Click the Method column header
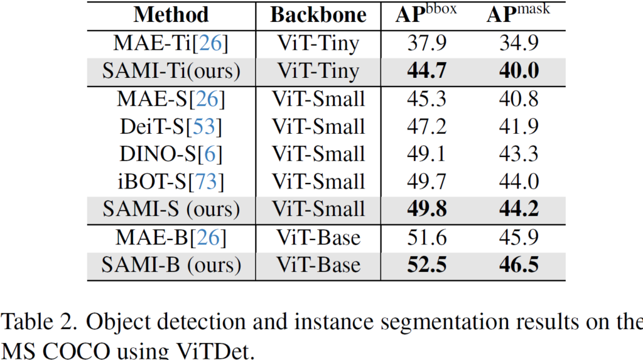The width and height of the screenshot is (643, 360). coord(171,14)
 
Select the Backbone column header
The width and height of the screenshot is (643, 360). coord(318,14)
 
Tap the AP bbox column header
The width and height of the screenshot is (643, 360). coord(426,14)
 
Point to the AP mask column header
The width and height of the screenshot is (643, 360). coord(518,14)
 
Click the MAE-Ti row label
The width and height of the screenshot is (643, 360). coord(171,43)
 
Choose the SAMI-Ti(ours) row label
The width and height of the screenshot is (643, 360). coord(171,70)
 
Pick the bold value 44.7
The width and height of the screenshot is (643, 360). coord(426,70)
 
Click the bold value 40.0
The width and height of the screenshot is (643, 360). coord(519,70)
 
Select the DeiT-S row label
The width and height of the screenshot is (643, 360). coord(171,126)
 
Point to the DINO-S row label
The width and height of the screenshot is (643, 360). coord(171,154)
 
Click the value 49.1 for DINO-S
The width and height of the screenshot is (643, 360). coord(426,154)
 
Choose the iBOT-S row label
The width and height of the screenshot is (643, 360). coord(171,182)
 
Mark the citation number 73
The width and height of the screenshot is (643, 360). coord(208,182)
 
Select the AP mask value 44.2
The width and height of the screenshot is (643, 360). coord(519,209)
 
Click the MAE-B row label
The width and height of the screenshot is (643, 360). coord(171,237)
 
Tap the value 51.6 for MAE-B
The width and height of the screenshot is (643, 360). coord(426,237)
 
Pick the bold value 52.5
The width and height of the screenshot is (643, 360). coord(426,265)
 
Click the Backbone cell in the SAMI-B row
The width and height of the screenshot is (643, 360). coord(318,265)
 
